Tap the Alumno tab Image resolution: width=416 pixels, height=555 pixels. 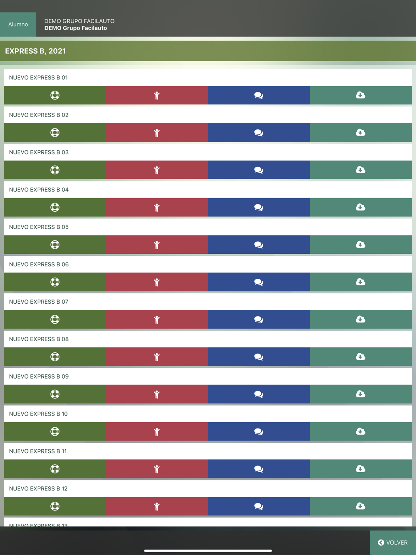pos(18,25)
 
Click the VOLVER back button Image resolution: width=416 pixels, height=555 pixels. pos(393,543)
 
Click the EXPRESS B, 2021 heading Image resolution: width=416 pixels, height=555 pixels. pos(35,51)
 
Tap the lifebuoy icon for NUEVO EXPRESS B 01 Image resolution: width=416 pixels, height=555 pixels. pos(55,95)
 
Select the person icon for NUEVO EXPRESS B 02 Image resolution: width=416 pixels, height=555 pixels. pos(157,133)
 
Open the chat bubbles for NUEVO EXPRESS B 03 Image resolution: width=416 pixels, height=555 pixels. pos(259,170)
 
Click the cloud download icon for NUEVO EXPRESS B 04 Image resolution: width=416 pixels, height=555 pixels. pos(361,207)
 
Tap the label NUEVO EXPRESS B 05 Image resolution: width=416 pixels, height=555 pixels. pos(39,227)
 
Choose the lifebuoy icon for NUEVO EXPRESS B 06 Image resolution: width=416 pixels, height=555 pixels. pos(55,282)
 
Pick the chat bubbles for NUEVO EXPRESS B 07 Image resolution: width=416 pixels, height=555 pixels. pos(259,320)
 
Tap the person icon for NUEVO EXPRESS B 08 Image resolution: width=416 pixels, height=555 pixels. pos(157,357)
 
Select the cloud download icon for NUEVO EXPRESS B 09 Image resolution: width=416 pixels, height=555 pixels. pos(361,394)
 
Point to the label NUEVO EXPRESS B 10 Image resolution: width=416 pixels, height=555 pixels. pos(38,414)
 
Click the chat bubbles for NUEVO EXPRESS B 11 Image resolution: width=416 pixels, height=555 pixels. pos(259,469)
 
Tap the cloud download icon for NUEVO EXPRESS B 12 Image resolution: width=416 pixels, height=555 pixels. pos(361,506)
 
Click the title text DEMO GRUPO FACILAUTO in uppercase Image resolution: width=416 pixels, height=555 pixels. pos(79,21)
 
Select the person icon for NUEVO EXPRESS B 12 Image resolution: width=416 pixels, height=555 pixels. pos(157,506)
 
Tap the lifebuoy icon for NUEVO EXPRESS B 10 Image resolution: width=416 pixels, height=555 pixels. pos(55,431)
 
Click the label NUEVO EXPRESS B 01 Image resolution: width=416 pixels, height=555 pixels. pos(38,78)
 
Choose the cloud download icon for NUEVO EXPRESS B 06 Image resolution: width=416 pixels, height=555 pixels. pos(361,282)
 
